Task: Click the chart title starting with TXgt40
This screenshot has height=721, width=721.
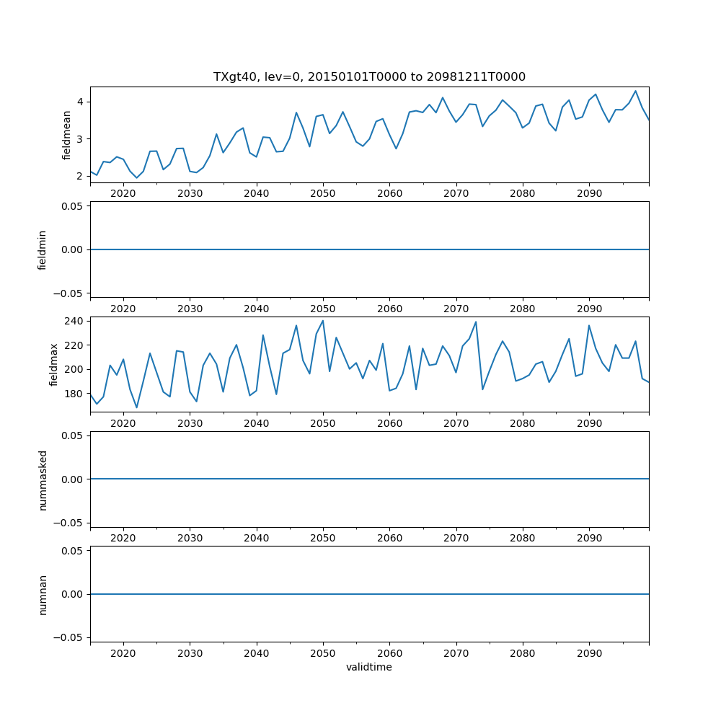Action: point(369,76)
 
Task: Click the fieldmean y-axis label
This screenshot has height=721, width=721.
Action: point(66,135)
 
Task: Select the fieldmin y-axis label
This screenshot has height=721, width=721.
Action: point(43,249)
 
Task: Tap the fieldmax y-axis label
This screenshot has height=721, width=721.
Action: point(54,364)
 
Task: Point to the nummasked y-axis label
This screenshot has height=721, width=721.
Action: point(43,479)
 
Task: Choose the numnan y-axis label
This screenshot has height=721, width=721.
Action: point(43,594)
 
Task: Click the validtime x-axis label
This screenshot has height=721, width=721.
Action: point(369,667)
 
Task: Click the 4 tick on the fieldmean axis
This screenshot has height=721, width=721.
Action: point(80,102)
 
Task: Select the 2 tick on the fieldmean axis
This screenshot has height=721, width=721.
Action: point(80,176)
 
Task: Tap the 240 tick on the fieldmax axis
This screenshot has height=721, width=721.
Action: point(75,320)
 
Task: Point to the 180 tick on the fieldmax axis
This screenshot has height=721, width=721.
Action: point(75,394)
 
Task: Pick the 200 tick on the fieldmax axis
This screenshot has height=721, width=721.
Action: point(75,369)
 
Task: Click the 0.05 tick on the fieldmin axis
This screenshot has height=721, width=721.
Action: point(72,206)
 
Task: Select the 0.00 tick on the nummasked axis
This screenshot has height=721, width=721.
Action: point(72,479)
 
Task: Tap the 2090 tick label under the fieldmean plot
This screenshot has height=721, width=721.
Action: point(589,193)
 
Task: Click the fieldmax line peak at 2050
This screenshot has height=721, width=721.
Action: point(323,321)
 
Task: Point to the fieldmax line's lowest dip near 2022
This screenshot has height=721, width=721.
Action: point(136,408)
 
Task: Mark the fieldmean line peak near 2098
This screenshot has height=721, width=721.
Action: point(635,91)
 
